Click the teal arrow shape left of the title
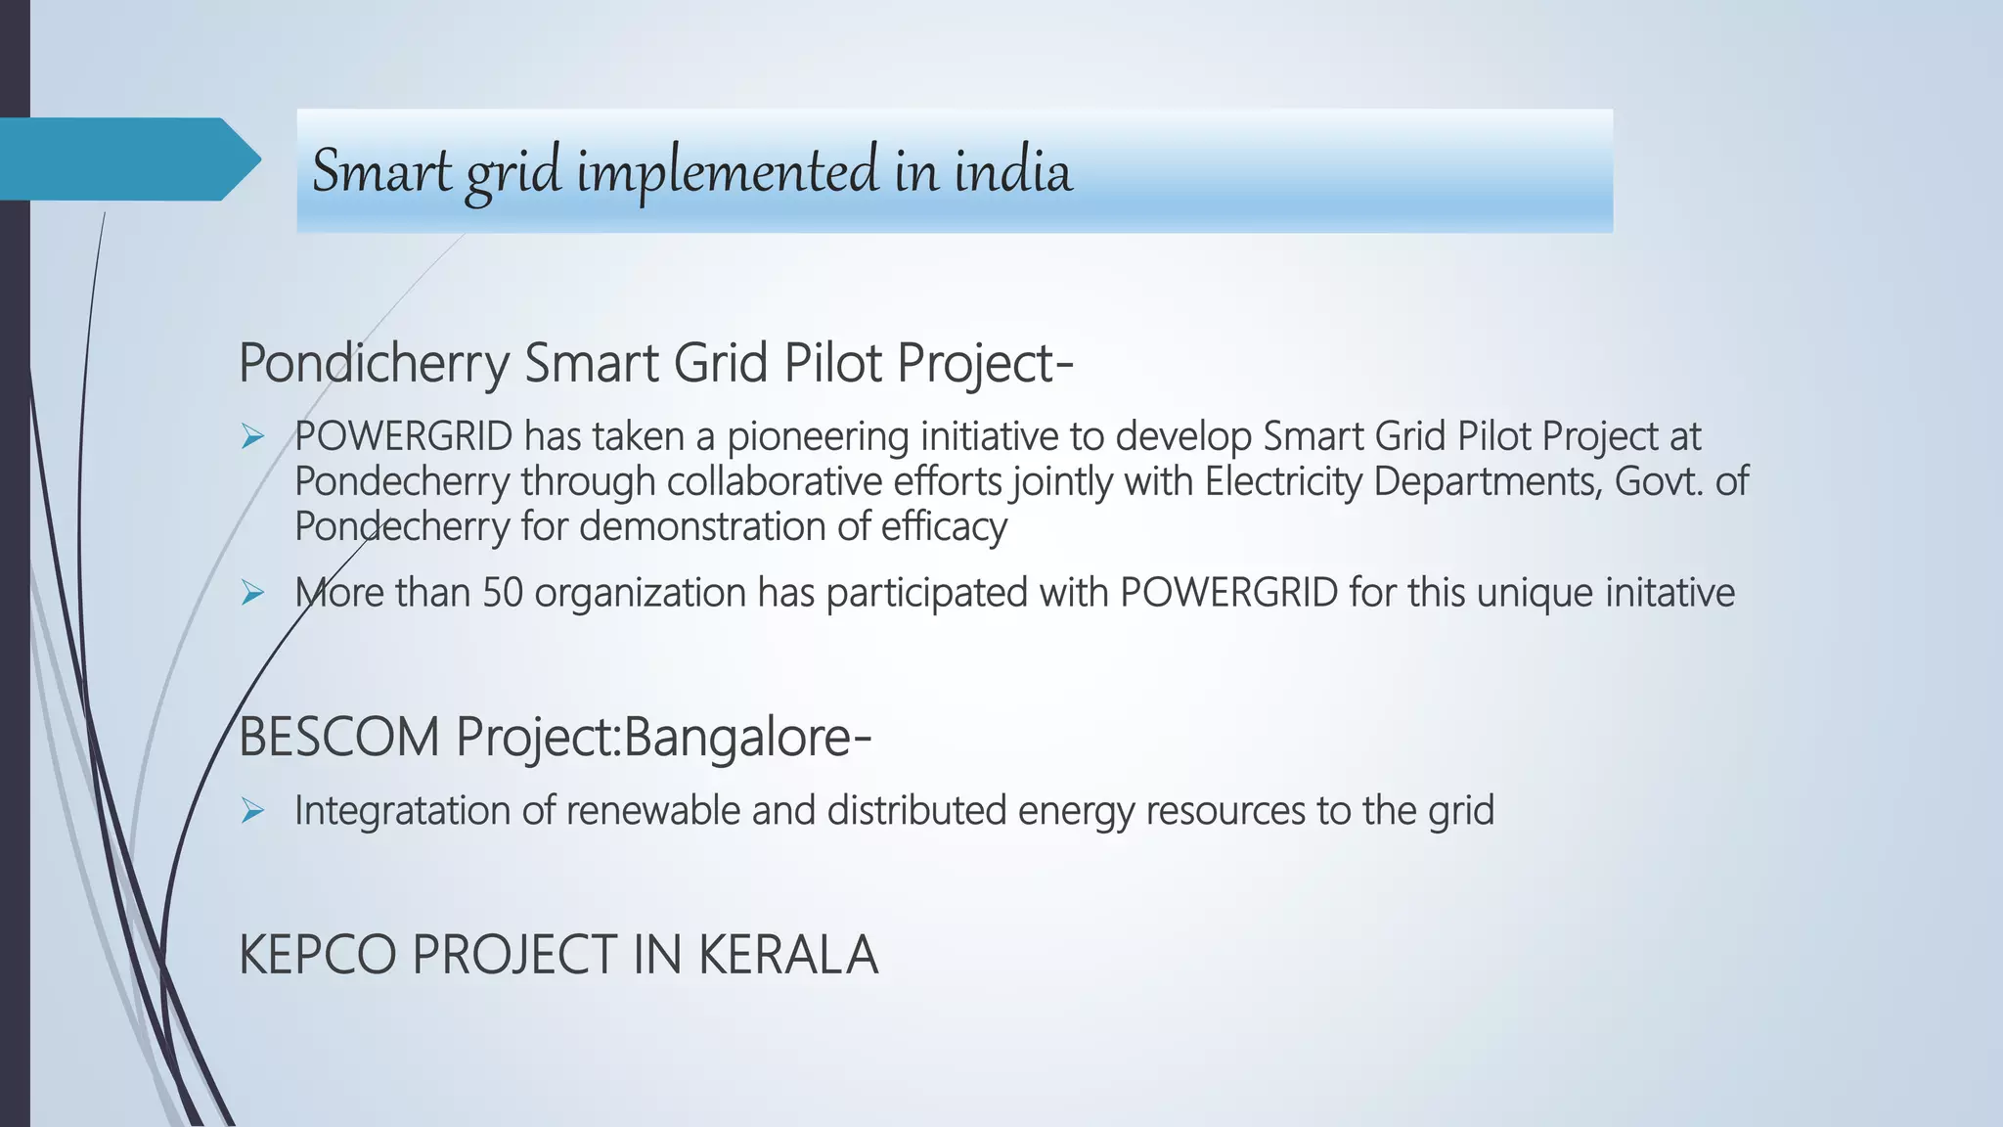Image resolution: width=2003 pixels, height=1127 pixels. click(127, 158)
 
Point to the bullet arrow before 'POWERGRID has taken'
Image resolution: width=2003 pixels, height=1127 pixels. click(253, 437)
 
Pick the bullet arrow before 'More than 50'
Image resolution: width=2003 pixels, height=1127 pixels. click(253, 593)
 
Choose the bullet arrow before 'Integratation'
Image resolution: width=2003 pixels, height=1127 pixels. click(253, 811)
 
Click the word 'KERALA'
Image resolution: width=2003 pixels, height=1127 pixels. click(788, 955)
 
